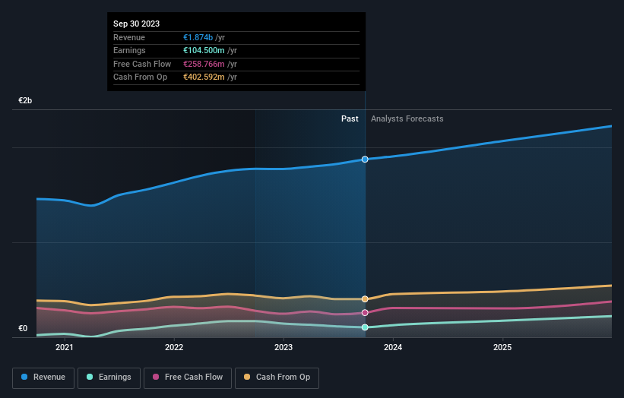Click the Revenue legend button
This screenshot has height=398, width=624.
(x=43, y=377)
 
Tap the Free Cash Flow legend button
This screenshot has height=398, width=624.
(x=188, y=377)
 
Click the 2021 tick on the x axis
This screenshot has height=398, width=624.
(x=65, y=348)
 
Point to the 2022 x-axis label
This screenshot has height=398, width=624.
(x=174, y=348)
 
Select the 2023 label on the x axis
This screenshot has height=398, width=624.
(x=283, y=348)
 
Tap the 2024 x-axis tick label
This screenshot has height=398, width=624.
(x=393, y=348)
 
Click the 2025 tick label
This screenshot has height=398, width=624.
(x=502, y=348)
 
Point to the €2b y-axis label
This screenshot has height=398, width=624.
(x=26, y=100)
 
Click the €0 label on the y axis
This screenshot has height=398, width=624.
(x=23, y=328)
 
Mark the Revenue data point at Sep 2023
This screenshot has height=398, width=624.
(x=365, y=159)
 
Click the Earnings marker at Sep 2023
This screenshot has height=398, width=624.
(x=365, y=327)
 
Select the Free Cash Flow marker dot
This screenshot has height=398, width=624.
(x=365, y=312)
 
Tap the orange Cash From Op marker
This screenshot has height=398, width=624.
(x=365, y=299)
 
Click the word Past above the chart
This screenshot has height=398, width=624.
(x=350, y=118)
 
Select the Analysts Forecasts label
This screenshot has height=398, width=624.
(x=407, y=118)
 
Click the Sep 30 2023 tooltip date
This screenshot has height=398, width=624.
(x=137, y=24)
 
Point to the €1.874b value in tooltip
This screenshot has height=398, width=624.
(x=198, y=37)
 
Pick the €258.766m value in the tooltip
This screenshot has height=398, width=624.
(x=204, y=64)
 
